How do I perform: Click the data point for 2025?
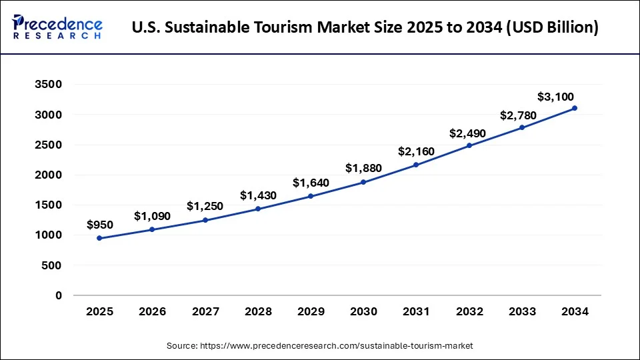click(x=99, y=238)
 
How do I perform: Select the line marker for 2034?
click(x=575, y=108)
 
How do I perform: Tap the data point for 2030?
click(x=363, y=182)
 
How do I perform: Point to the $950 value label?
click(x=100, y=225)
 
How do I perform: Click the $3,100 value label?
click(x=555, y=97)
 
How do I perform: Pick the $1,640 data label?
click(x=311, y=183)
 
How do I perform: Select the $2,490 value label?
click(x=467, y=133)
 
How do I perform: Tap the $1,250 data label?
click(x=205, y=206)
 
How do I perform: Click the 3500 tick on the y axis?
click(x=48, y=85)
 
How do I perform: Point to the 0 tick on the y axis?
click(x=58, y=295)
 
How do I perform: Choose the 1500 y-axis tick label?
click(x=48, y=205)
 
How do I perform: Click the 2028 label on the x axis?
click(x=258, y=311)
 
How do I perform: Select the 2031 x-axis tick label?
click(x=416, y=311)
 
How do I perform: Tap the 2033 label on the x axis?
click(x=522, y=311)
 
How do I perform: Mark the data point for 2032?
click(x=469, y=145)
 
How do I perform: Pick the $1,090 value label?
click(x=152, y=216)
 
